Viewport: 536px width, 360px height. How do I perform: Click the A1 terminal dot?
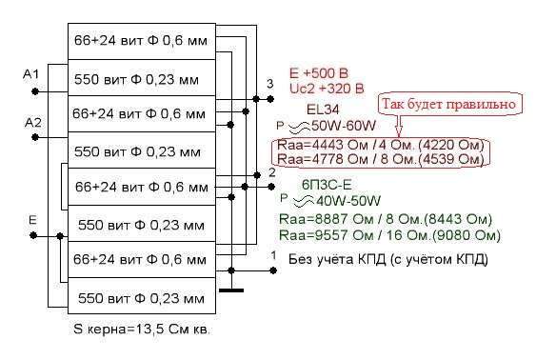35,91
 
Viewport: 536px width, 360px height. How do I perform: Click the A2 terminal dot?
35,137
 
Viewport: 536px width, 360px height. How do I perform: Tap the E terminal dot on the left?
33,235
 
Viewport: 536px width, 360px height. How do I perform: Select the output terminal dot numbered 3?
270,99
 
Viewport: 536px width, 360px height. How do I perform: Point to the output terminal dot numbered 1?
273,270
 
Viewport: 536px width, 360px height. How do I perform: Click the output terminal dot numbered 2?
271,187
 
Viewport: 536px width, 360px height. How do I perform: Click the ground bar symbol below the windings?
231,290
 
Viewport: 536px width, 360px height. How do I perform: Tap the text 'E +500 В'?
319,73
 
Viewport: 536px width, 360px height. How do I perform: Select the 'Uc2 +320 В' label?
327,89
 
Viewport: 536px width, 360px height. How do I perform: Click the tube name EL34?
323,110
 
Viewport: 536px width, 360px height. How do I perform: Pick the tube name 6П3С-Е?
327,185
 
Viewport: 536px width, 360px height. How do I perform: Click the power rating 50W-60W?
343,126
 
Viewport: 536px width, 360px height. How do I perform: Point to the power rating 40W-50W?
348,201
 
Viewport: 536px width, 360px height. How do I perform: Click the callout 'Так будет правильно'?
448,104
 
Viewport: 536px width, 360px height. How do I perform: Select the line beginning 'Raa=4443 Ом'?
381,145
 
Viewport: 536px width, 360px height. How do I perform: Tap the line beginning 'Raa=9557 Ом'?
389,235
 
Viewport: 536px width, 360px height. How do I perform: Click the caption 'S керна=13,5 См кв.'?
141,330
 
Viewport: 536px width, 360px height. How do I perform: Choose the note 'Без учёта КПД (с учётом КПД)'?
388,259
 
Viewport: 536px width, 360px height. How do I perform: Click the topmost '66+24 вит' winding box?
142,41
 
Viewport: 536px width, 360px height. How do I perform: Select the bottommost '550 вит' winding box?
142,296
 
